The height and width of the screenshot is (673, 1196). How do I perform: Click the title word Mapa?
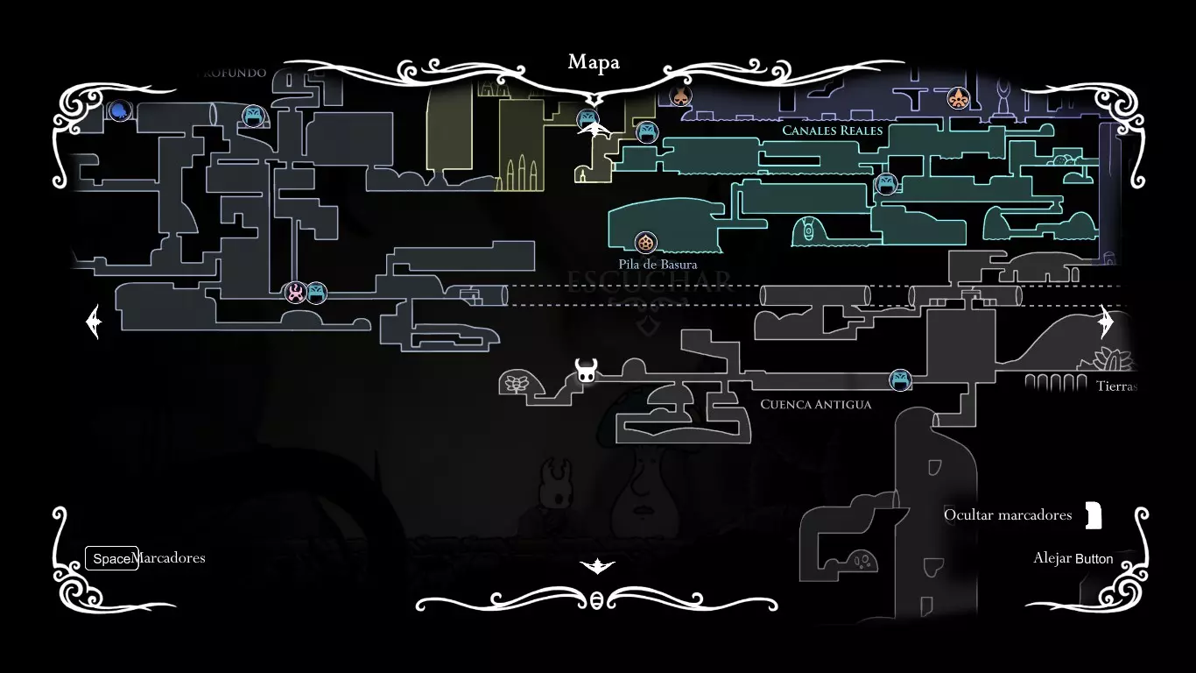pyautogui.click(x=594, y=62)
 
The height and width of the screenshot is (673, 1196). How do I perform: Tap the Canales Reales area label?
pyautogui.click(x=832, y=131)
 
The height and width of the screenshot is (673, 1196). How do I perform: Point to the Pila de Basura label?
pyautogui.click(x=658, y=264)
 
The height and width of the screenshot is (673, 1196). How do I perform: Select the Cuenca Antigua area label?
pyautogui.click(x=815, y=404)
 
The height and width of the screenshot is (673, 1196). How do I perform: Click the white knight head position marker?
pyautogui.click(x=586, y=371)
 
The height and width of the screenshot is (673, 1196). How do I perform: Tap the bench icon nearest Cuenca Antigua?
pyautogui.click(x=900, y=380)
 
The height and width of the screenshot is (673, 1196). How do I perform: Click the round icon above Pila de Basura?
pyautogui.click(x=645, y=243)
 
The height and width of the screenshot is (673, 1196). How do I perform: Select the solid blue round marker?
pyautogui.click(x=120, y=110)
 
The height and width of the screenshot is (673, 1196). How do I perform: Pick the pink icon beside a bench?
pyautogui.click(x=296, y=293)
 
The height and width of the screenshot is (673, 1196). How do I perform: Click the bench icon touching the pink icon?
pyautogui.click(x=316, y=293)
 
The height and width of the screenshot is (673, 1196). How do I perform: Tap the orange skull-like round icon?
pyautogui.click(x=680, y=96)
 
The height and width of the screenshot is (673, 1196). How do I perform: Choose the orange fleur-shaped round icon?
pyautogui.click(x=959, y=98)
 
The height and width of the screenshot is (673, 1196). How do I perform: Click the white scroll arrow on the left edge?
pyautogui.click(x=94, y=322)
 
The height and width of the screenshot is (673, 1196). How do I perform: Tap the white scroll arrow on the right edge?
pyautogui.click(x=1106, y=322)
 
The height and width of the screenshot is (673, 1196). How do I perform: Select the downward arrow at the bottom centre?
pyautogui.click(x=597, y=566)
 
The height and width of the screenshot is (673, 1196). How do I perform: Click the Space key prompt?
pyautogui.click(x=111, y=558)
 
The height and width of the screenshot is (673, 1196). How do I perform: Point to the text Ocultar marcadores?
pyautogui.click(x=1008, y=514)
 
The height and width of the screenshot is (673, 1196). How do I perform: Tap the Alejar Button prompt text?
pyautogui.click(x=1073, y=558)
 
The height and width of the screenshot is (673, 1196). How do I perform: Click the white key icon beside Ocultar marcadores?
pyautogui.click(x=1093, y=515)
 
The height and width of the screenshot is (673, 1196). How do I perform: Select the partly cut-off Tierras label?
pyautogui.click(x=1115, y=386)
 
